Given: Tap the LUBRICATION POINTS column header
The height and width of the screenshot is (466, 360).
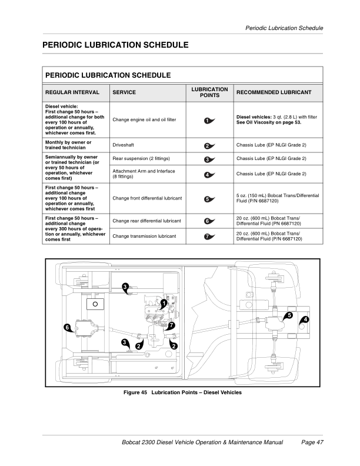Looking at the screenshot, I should pyautogui.click(x=209, y=92).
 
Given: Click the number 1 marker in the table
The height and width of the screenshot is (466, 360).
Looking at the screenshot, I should pyautogui.click(x=208, y=121).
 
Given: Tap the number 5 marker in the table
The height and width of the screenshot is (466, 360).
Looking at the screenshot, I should pyautogui.click(x=208, y=199).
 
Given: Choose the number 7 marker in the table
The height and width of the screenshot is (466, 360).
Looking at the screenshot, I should pyautogui.click(x=208, y=237).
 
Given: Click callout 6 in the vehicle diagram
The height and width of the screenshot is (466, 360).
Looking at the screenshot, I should pyautogui.click(x=68, y=327).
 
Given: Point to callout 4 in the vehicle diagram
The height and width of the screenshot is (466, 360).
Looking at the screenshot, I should pyautogui.click(x=305, y=319).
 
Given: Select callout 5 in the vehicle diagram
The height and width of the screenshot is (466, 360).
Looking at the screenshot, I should pyautogui.click(x=289, y=316).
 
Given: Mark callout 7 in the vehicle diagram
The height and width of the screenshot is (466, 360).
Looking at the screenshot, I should pyautogui.click(x=171, y=325).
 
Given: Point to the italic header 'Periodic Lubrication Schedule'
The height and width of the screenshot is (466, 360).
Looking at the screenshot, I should pyautogui.click(x=284, y=28).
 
